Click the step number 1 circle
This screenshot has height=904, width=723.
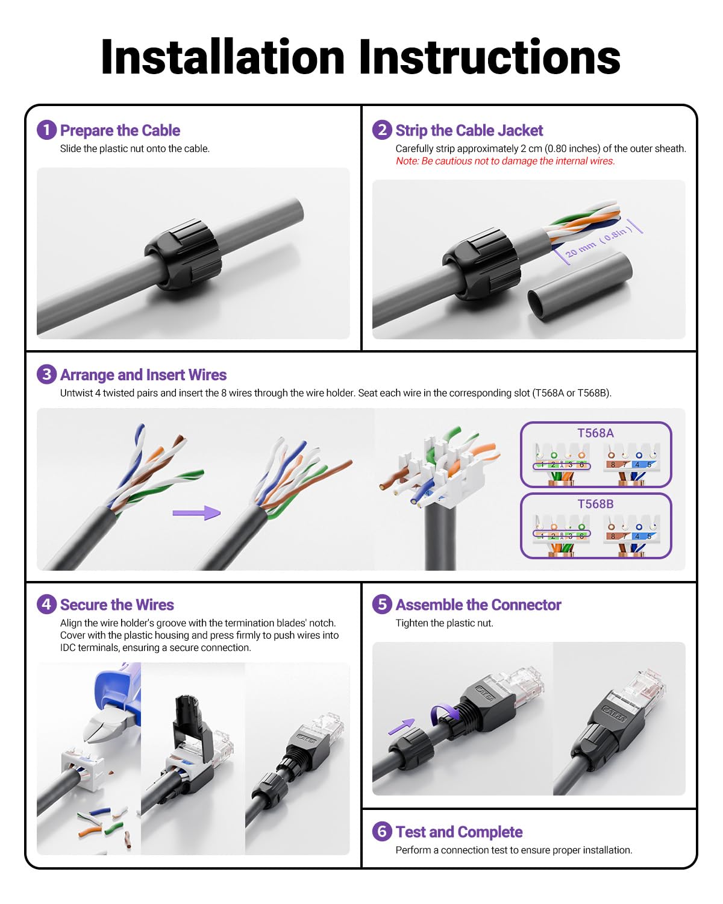46,130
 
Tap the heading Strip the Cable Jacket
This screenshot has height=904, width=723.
469,130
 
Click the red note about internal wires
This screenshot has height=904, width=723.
505,161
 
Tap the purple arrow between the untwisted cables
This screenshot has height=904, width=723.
196,513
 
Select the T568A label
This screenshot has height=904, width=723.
595,433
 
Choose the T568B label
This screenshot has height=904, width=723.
595,504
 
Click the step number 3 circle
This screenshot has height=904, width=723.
46,374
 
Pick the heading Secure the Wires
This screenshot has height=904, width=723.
117,604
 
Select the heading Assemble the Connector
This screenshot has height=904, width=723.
478,604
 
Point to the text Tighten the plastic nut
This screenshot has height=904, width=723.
444,623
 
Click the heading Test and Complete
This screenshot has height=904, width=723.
459,832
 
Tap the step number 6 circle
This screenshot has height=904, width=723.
382,831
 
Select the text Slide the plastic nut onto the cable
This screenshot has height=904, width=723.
135,149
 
